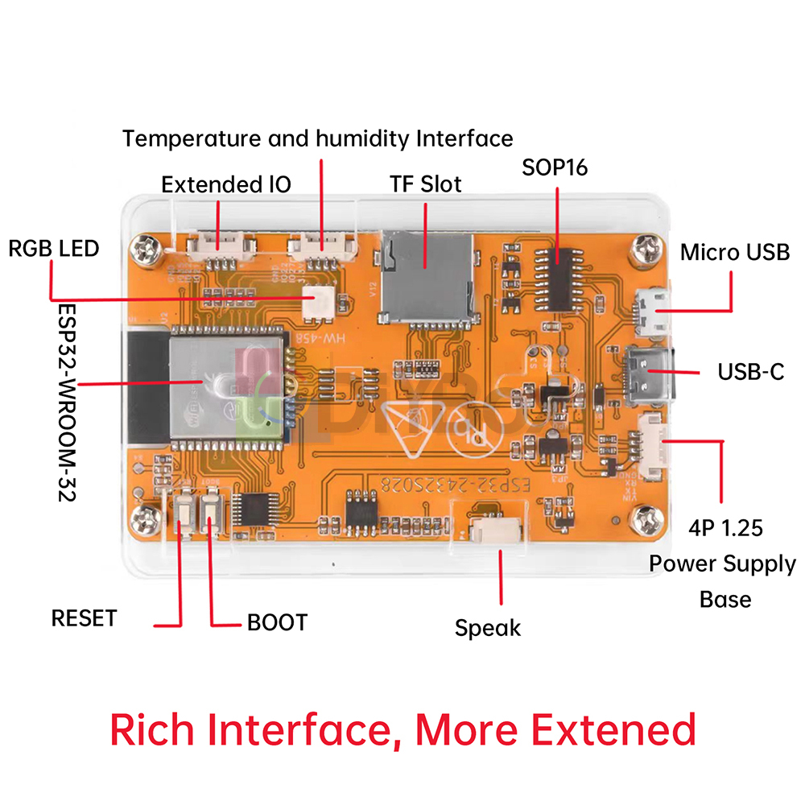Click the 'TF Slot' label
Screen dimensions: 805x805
[421, 184]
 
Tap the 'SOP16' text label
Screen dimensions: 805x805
[555, 167]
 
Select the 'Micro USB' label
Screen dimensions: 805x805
[735, 252]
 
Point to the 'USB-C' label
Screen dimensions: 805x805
[750, 373]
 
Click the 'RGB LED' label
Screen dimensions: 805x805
[53, 248]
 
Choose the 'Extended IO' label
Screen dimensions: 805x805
[226, 184]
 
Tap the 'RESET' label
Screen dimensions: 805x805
[84, 618]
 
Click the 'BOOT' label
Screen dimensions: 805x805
[277, 622]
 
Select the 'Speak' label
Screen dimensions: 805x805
[488, 628]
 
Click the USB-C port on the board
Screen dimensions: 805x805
[648, 374]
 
